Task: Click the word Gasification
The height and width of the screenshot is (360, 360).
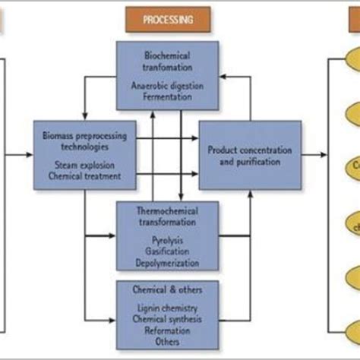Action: (x=167, y=252)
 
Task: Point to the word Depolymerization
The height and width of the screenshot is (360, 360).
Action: (x=167, y=262)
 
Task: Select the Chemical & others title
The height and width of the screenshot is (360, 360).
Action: (x=167, y=289)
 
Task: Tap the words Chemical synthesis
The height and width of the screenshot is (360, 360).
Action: (x=167, y=320)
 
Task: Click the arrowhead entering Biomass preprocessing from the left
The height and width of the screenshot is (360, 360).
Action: (x=29, y=155)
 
